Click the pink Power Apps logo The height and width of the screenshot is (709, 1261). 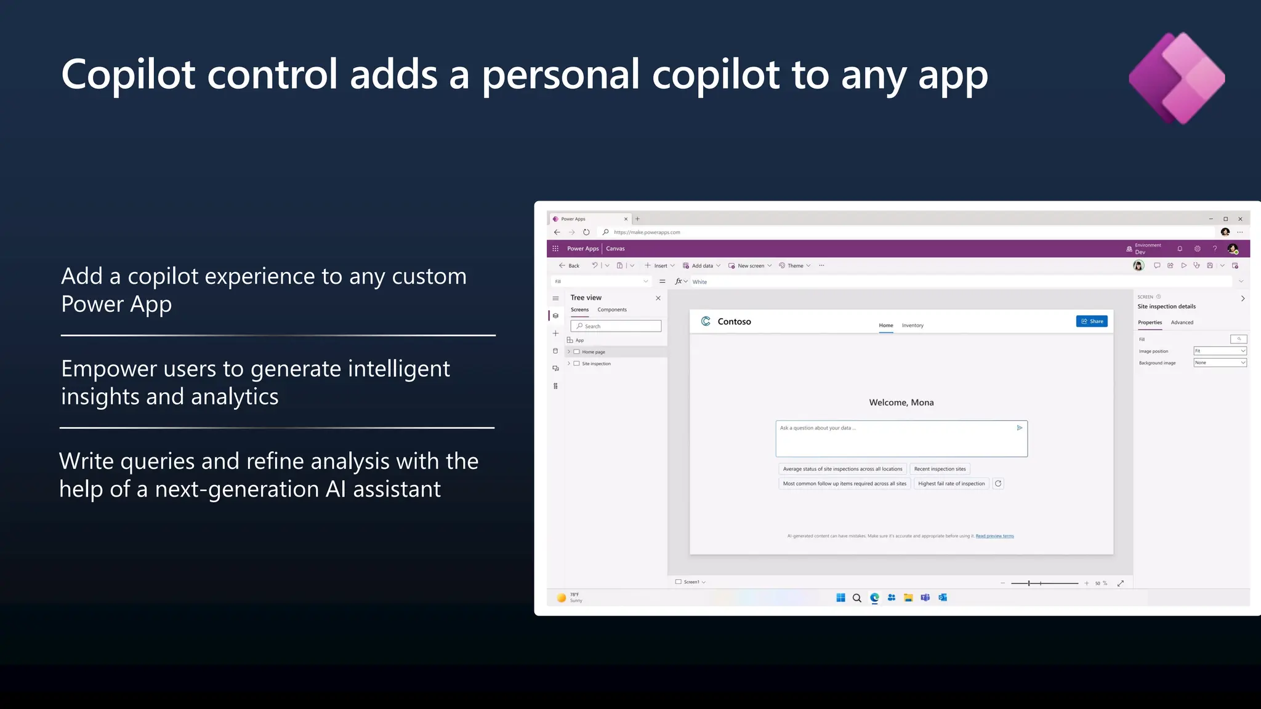coord(1177,78)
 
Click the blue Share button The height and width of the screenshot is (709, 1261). coord(1092,321)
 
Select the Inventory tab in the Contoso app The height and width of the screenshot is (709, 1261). coord(913,326)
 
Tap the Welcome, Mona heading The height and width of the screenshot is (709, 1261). coord(901,403)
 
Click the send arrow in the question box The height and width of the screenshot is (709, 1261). coord(1020,428)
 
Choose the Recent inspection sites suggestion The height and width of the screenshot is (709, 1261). coord(940,469)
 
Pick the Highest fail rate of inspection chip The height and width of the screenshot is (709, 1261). coord(951,484)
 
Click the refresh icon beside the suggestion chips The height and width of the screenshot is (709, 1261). coord(998,484)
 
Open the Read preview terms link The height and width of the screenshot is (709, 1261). coord(994,536)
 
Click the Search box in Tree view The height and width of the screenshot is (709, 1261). coord(616,326)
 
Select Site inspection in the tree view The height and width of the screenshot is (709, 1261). coord(596,364)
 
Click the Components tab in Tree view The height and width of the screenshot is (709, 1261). coord(612,310)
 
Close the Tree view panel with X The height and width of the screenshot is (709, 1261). coord(658,298)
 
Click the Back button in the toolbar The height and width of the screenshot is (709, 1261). coord(569,266)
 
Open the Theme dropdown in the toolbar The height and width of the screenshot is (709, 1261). coord(795,266)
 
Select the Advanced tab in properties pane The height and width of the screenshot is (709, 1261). coord(1182,322)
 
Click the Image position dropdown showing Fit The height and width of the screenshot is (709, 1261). coord(1220,351)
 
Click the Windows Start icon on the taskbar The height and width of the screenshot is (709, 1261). coord(840,598)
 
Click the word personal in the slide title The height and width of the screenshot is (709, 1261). coord(560,75)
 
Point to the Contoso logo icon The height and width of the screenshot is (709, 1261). coord(706,321)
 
